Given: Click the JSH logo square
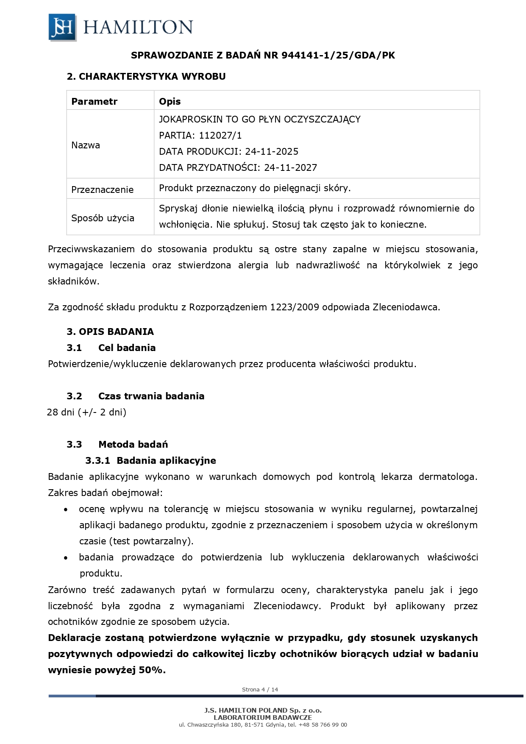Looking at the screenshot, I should (62, 27).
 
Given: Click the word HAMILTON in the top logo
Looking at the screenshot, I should (138, 28).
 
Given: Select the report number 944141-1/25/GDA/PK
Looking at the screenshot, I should (338, 56).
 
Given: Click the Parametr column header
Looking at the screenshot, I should (94, 102).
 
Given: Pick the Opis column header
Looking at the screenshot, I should (170, 102).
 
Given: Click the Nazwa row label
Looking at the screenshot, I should (86, 145).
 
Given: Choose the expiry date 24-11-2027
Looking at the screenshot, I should (290, 168).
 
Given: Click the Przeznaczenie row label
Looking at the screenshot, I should (102, 190).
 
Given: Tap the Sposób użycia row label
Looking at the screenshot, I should (103, 218).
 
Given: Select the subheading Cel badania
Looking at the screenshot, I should (127, 348).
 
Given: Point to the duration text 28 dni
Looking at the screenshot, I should (61, 412).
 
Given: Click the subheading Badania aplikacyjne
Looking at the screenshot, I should (166, 461).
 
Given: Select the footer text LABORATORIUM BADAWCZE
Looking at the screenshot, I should (263, 718).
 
